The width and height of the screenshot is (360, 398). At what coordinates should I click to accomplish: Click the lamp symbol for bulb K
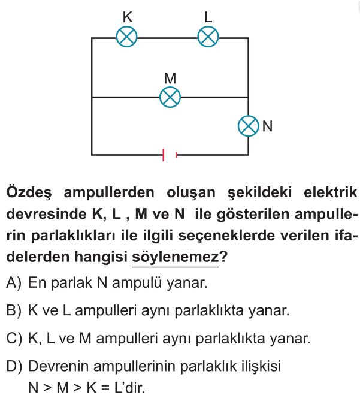point(127,37)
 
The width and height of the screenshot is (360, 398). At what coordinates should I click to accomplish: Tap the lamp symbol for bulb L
point(208,37)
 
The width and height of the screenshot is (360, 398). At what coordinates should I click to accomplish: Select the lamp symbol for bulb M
point(170,97)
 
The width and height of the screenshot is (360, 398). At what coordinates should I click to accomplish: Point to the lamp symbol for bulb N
point(249,126)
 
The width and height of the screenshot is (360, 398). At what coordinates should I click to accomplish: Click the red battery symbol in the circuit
point(170,155)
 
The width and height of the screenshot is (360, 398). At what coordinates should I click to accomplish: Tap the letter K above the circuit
point(128,17)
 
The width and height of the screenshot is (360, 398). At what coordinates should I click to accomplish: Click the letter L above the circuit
point(208,17)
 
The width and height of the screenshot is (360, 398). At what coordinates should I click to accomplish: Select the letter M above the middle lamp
point(170,78)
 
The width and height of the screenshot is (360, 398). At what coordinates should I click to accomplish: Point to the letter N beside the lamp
point(267,126)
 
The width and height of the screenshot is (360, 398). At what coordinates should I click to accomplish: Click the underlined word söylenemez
point(175,257)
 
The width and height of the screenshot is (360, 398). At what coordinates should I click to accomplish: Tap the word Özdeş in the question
point(29,192)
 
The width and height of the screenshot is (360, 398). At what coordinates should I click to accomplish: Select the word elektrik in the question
point(330,192)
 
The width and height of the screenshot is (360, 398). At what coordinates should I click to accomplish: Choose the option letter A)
point(14,282)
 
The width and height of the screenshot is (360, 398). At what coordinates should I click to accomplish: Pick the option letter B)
point(14,310)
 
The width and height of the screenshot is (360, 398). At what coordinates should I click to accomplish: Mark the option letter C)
point(14,338)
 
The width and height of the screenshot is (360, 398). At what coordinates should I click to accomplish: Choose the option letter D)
point(14,366)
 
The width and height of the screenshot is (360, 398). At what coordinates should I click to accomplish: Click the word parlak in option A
point(71,283)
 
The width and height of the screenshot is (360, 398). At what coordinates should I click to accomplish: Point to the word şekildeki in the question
point(259,193)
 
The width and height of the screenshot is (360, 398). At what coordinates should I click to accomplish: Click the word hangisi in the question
point(101,257)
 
